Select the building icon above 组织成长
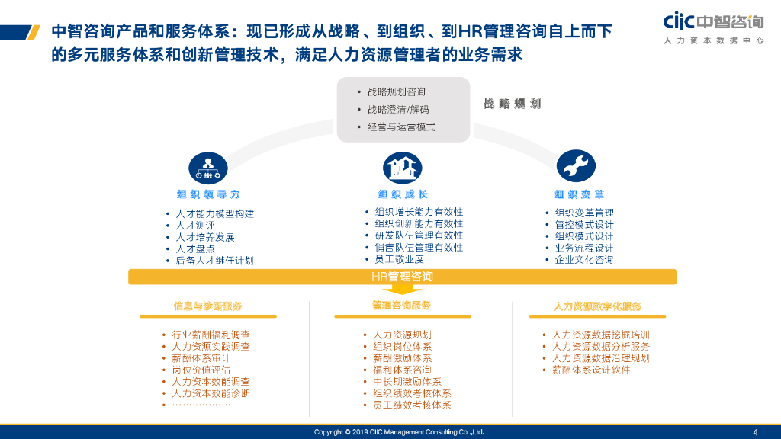tap(402, 166)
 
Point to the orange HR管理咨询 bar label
tap(402, 277)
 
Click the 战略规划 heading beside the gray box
tap(512, 104)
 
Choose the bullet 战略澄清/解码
tap(398, 110)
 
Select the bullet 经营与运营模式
tap(401, 127)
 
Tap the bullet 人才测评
tap(195, 226)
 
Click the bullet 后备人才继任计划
tap(214, 261)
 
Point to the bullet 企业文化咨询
tap(584, 259)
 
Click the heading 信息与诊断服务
tap(207, 306)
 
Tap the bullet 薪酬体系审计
tap(201, 358)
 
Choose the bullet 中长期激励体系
tap(407, 382)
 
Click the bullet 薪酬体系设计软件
tap(591, 370)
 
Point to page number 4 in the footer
tap(755, 432)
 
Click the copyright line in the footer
tap(399, 432)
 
